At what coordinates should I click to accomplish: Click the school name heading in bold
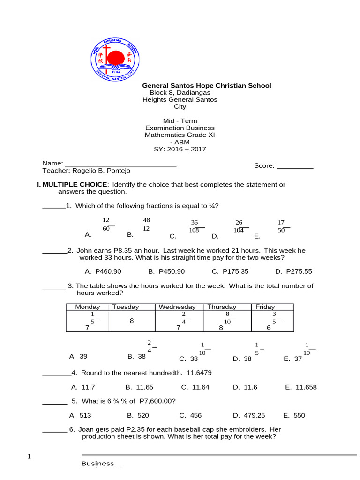pos(206,85)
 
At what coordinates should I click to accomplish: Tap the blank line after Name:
pos(120,164)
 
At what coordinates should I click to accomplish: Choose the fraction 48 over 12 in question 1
pos(146,224)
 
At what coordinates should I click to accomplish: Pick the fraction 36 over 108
pos(194,226)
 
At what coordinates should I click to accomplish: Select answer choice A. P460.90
pos(103,271)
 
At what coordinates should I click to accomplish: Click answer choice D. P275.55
pos(293,271)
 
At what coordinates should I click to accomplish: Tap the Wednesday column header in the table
pos(177,307)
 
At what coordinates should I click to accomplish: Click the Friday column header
pos(265,307)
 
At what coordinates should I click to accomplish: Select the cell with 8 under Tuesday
pos(132,321)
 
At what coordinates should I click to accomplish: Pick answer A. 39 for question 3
pos(78,356)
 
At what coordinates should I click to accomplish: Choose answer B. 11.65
pos(139,387)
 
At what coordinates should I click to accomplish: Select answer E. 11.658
pos(300,387)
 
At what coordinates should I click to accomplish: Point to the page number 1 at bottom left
pos(29,457)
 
